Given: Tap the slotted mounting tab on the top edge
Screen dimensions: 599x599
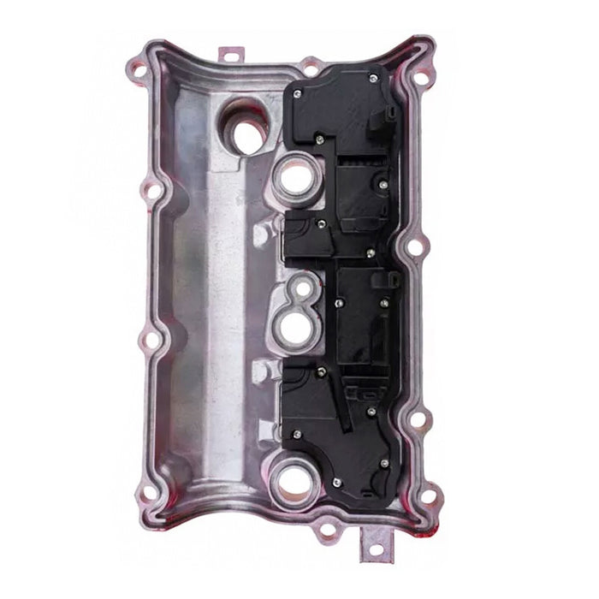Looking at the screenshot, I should pyautogui.click(x=229, y=54).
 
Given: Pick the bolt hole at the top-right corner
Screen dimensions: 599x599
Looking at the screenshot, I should pyautogui.click(x=419, y=80).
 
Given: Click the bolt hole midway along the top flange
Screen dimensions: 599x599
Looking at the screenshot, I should pyautogui.click(x=311, y=64).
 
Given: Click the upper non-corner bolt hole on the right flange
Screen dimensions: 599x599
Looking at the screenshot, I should pyautogui.click(x=414, y=248).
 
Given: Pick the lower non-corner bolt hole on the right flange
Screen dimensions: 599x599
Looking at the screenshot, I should pyautogui.click(x=419, y=419).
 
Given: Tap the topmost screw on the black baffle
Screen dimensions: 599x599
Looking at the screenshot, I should pyautogui.click(x=373, y=80).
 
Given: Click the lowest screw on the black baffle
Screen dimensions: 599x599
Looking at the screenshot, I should pyautogui.click(x=337, y=483).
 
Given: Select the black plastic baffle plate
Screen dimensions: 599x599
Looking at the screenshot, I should pyautogui.click(x=342, y=282).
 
